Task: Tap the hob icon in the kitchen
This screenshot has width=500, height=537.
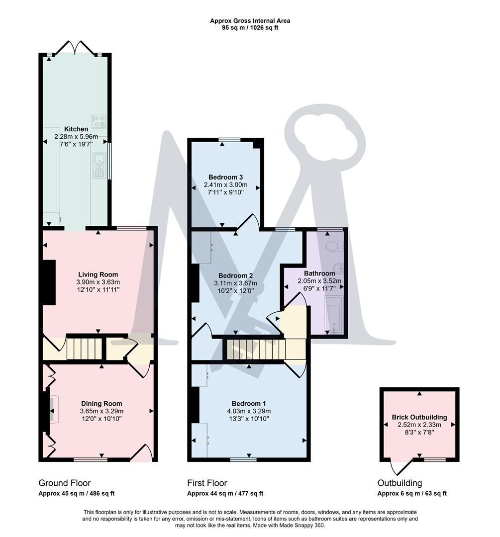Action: coord(98,121)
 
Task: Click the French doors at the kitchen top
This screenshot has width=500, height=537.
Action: coord(75,49)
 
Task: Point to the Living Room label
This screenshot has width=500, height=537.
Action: coord(98,274)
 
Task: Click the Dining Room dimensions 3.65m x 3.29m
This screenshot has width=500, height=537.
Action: coord(101,411)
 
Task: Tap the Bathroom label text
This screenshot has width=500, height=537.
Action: coord(319,273)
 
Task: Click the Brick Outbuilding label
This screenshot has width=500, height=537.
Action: coord(419,417)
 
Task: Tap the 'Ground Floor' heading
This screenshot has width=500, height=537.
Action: coord(65,483)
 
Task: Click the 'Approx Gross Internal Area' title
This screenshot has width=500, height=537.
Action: coord(250,21)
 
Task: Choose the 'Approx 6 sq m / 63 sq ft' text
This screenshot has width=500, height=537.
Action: coord(412,494)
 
